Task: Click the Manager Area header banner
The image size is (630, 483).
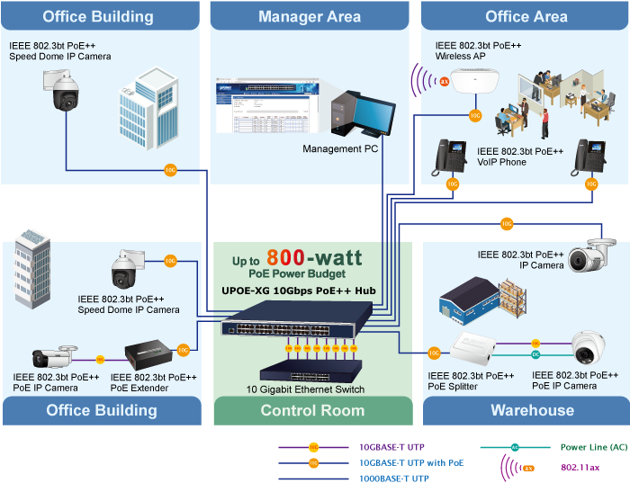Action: (x=310, y=16)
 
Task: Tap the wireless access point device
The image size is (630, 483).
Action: (x=473, y=82)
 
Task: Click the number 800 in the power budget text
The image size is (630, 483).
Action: (x=285, y=258)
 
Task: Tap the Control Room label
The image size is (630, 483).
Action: (x=311, y=410)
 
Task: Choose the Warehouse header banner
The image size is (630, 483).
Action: (x=532, y=410)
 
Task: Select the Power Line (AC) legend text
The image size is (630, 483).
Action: (x=593, y=447)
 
